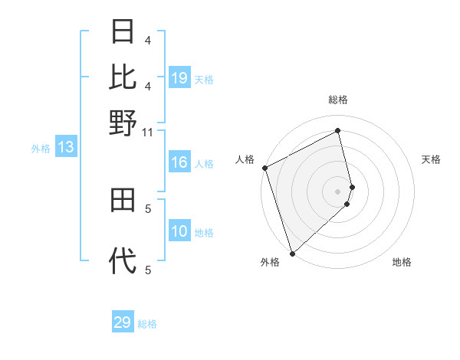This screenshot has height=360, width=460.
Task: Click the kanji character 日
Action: (123, 32)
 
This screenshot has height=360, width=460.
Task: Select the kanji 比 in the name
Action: (123, 77)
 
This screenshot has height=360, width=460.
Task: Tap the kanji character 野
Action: (123, 122)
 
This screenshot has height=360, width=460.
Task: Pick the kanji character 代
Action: (123, 262)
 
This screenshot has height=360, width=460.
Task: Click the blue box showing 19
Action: (179, 78)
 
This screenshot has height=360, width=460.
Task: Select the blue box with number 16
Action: (179, 162)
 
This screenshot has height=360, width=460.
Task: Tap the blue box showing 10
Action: (179, 232)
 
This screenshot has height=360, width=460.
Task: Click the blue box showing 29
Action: (123, 322)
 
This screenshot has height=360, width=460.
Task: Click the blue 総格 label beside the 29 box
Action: (147, 324)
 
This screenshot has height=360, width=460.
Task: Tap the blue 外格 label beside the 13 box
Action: (40, 149)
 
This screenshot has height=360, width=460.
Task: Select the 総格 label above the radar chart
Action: (338, 100)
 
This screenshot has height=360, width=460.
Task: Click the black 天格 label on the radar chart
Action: (432, 159)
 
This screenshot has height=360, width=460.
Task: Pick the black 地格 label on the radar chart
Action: (402, 262)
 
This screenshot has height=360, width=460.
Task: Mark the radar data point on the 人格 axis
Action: (264, 168)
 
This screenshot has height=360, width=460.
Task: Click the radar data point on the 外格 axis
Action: (292, 253)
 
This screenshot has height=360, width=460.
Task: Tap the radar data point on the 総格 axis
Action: (338, 131)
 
